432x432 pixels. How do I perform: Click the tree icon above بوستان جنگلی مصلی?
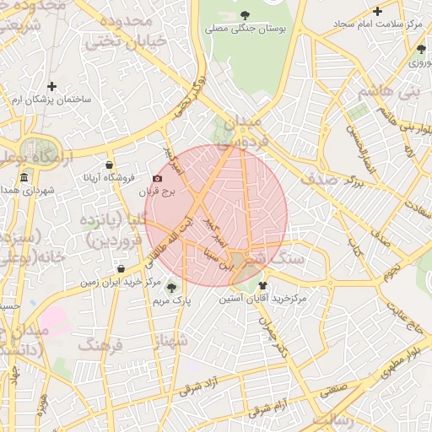pyautogui.click(x=245, y=14)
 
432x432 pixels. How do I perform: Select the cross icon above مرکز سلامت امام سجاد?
pyautogui.click(x=377, y=12)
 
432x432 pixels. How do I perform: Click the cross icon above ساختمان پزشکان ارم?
pyautogui.click(x=52, y=86)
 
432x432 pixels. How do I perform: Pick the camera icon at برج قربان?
pyautogui.click(x=157, y=179)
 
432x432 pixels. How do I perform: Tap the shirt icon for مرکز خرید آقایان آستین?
pyautogui.click(x=262, y=285)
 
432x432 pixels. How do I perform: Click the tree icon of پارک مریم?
pyautogui.click(x=172, y=286)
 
